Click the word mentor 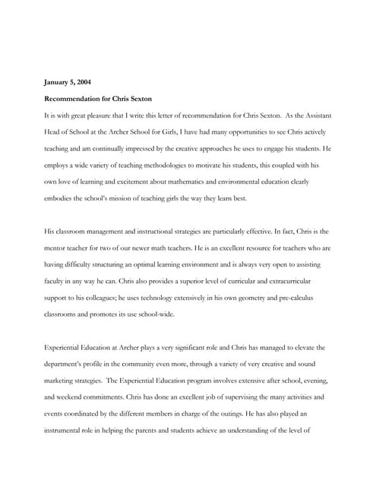click(56, 248)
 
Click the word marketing click(61, 364)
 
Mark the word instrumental click(65, 413)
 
